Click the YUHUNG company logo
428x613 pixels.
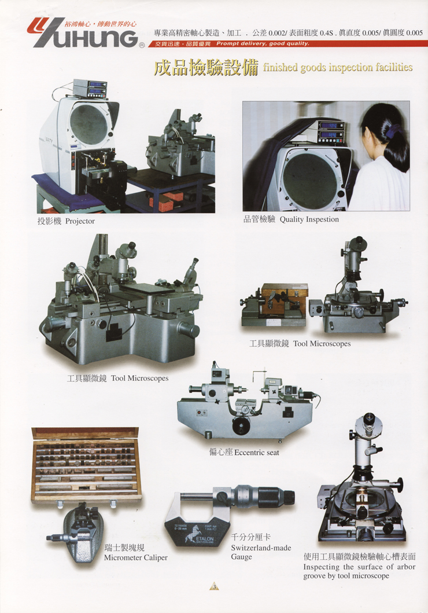(x=83, y=33)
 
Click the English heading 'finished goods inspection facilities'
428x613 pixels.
(x=338, y=68)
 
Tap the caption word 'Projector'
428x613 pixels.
(x=80, y=221)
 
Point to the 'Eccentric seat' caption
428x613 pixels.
(x=257, y=452)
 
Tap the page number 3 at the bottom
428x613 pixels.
(x=214, y=586)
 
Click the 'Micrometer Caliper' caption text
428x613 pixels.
(x=135, y=557)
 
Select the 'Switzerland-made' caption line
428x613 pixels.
(x=261, y=548)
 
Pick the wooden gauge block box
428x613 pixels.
(x=86, y=465)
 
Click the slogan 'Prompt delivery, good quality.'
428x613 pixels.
(x=263, y=44)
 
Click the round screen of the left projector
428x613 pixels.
(x=88, y=124)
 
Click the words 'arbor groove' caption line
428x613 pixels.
(x=359, y=571)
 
